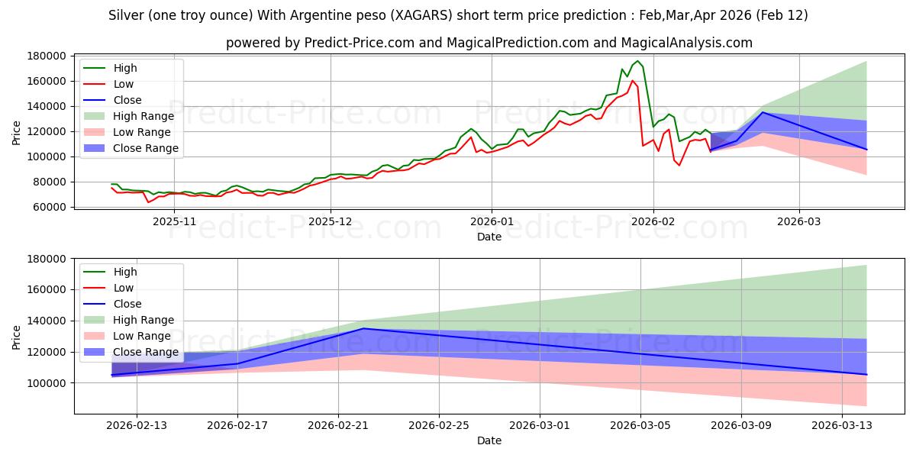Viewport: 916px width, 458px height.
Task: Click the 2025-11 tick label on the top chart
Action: click(174, 221)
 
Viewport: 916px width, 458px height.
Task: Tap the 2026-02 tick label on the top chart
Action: click(653, 221)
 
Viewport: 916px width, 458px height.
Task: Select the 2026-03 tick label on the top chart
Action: click(799, 221)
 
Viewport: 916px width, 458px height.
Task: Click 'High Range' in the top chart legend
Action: click(143, 116)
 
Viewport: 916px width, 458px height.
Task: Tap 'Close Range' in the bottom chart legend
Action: click(145, 352)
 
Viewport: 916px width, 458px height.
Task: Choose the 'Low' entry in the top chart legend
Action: click(124, 84)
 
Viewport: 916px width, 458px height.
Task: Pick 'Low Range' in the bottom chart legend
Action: click(142, 336)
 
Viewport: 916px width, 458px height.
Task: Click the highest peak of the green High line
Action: click(638, 61)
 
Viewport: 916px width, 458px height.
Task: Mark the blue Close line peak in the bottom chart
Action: click(363, 328)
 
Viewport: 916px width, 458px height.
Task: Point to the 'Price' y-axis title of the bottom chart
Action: click(17, 336)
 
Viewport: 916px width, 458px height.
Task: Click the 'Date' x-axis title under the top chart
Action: click(489, 237)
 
